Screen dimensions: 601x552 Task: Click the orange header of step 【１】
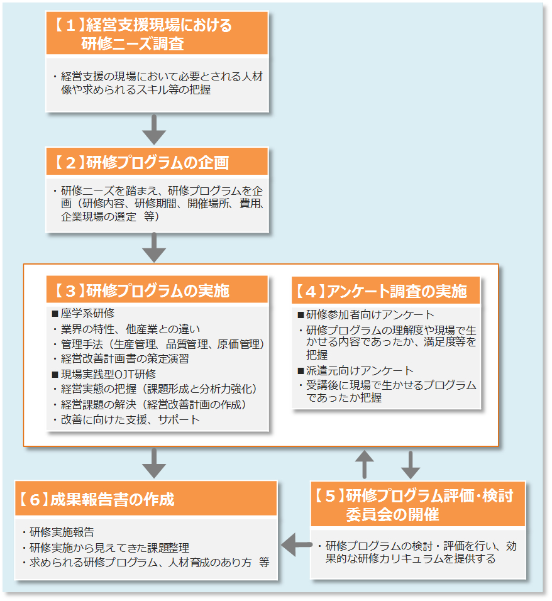[157, 34]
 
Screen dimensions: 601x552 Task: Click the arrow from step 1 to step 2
[154, 130]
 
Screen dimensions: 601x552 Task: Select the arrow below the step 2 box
[154, 247]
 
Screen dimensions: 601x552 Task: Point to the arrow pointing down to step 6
[154, 464]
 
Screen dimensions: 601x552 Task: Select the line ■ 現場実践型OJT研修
[104, 374]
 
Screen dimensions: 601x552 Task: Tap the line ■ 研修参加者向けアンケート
[366, 314]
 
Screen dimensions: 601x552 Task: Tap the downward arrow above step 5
[411, 464]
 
